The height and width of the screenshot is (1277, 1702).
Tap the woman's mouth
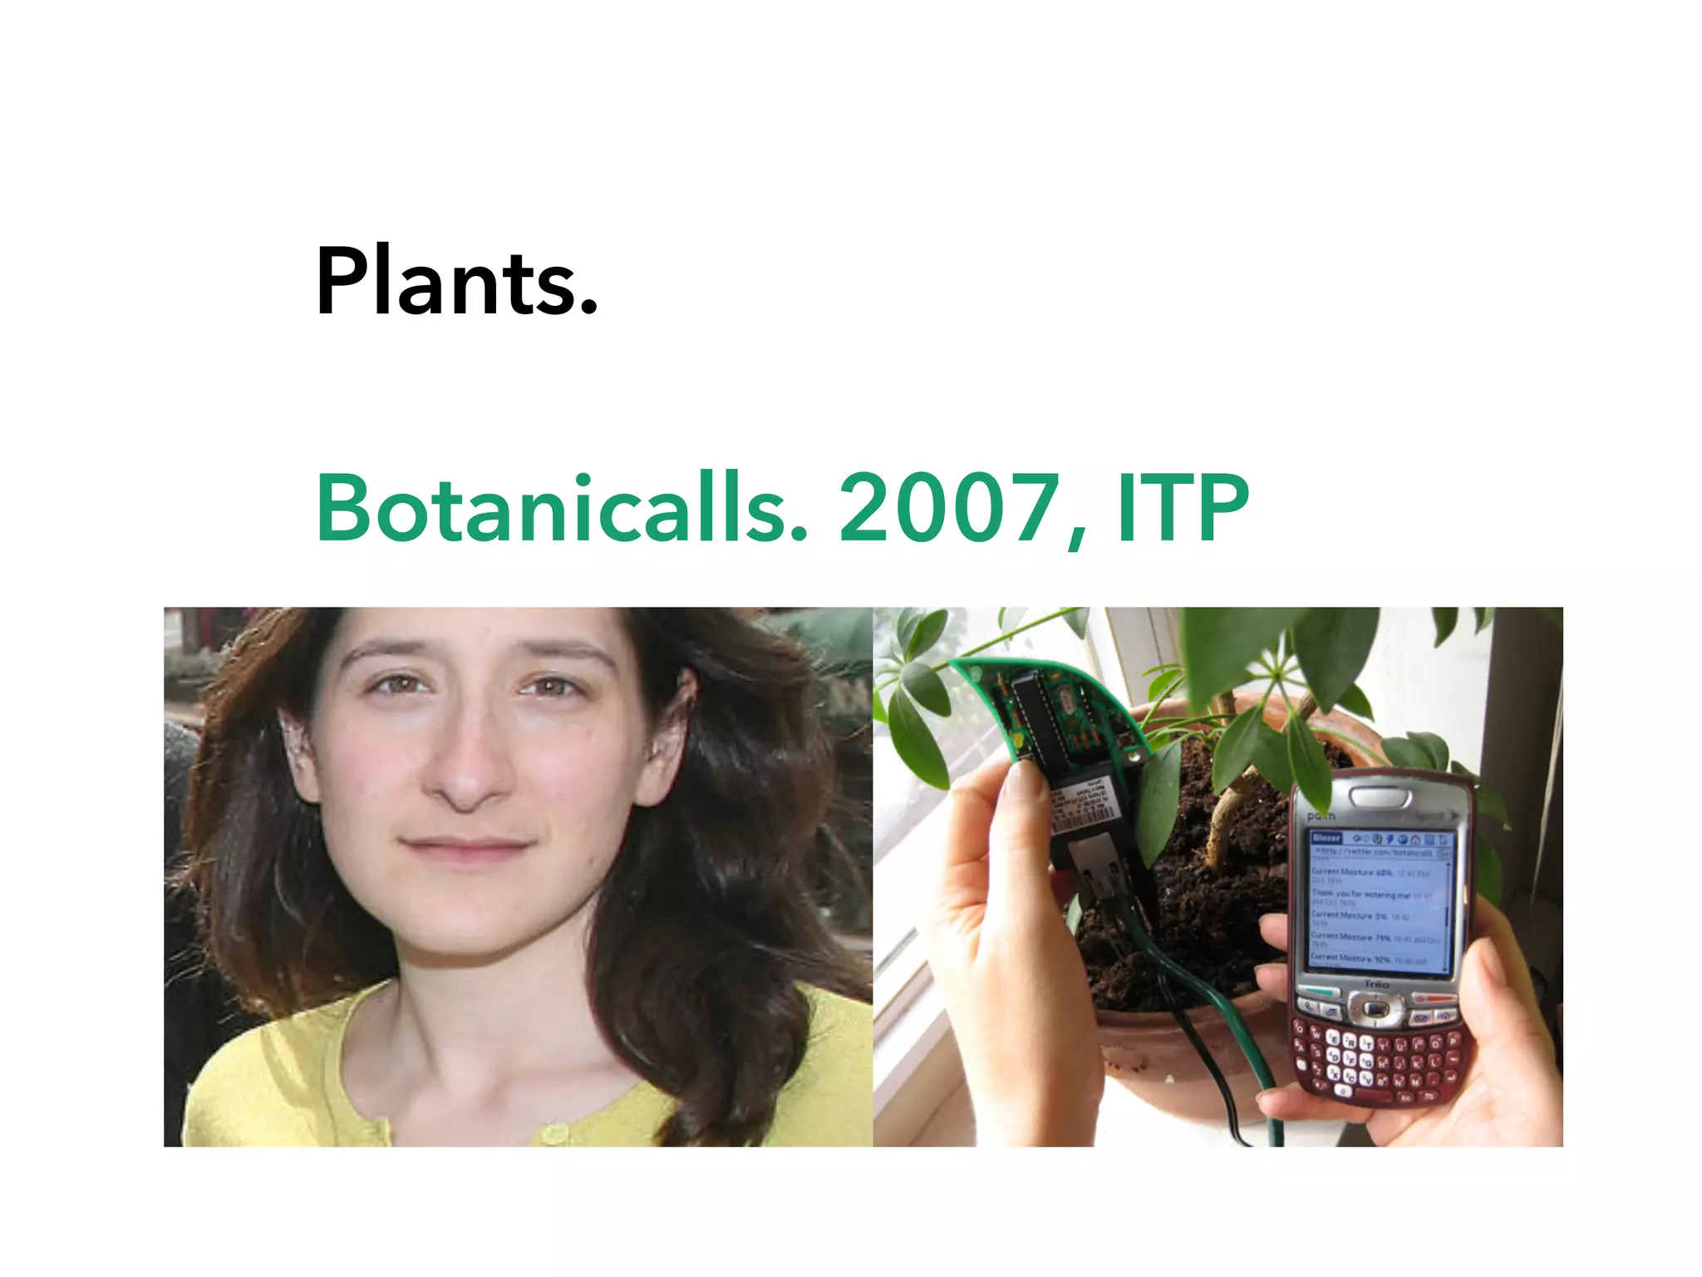[x=465, y=848]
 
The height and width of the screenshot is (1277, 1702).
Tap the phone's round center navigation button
[x=1376, y=1009]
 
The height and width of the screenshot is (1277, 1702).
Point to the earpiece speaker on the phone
[x=1380, y=796]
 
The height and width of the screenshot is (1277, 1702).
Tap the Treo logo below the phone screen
[x=1376, y=984]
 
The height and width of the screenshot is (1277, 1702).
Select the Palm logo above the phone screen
[x=1321, y=816]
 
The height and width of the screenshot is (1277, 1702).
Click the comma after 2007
[x=1077, y=536]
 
